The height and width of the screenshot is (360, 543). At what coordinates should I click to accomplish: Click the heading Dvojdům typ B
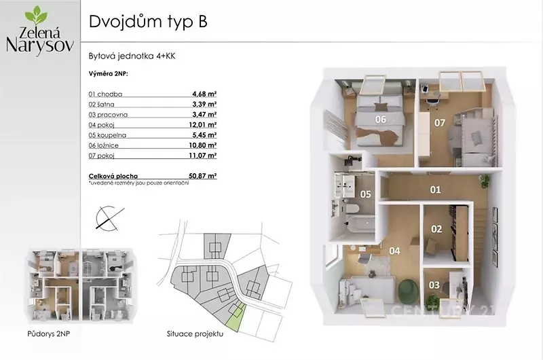tap(148, 22)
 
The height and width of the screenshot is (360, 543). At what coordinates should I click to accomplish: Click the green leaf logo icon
tap(36, 15)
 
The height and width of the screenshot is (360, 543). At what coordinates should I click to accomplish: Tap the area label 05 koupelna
tap(107, 135)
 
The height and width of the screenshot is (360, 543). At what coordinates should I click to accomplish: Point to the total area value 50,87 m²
tap(202, 176)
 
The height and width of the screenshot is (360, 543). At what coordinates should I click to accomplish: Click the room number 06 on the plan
tap(380, 120)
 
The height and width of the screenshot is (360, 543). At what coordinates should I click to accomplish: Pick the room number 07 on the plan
tap(439, 123)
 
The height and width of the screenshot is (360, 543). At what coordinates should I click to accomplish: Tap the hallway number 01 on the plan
tap(435, 190)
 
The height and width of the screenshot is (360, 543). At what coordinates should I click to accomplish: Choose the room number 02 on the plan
tap(436, 229)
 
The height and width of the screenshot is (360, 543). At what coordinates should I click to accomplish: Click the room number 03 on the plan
tap(434, 285)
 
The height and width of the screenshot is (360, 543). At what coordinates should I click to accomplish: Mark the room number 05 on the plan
tap(365, 194)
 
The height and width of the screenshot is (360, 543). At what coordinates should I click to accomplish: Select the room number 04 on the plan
tap(394, 251)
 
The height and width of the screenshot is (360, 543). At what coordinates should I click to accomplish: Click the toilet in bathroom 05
tap(352, 209)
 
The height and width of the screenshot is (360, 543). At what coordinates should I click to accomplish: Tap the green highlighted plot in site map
tap(236, 317)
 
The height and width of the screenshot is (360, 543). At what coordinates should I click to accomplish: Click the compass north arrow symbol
tap(110, 218)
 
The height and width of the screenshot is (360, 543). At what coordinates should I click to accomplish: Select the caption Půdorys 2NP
tap(48, 334)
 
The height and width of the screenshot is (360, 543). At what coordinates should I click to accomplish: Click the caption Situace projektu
tap(195, 334)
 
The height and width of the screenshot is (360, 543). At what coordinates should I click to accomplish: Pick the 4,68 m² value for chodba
tap(204, 94)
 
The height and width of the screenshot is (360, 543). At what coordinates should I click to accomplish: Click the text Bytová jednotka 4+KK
tap(132, 56)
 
